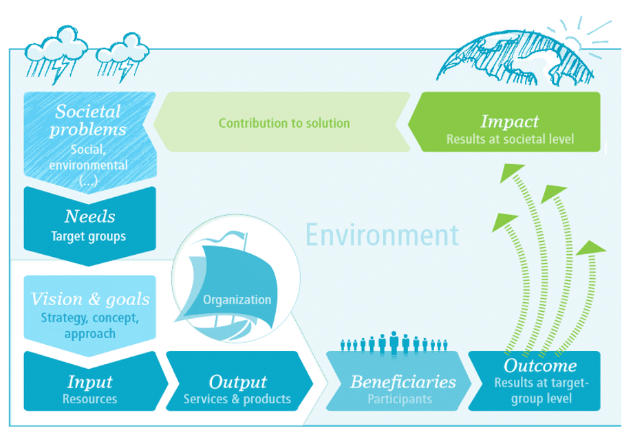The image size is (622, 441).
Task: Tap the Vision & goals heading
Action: (90, 299)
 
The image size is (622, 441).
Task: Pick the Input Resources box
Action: (90, 389)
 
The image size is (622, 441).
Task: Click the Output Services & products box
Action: (237, 389)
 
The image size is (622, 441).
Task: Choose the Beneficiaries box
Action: (403, 389)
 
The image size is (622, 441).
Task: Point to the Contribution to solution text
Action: (284, 124)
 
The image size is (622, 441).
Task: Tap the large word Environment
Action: (382, 235)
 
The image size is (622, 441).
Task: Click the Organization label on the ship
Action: (237, 299)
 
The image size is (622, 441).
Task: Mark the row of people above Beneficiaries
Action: (394, 342)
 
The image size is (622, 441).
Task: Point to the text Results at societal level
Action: (510, 139)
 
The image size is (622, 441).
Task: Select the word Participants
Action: (399, 398)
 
